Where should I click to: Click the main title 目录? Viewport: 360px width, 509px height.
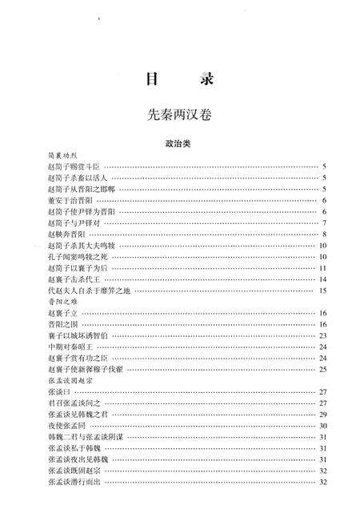(179, 80)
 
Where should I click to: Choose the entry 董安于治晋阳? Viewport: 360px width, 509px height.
(70, 200)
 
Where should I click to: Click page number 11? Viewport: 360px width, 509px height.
(323, 268)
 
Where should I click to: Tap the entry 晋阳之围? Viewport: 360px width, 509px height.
(62, 325)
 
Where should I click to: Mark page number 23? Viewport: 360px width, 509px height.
(323, 336)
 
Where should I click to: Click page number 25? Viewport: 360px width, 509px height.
(323, 370)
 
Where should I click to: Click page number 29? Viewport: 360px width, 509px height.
(323, 415)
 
